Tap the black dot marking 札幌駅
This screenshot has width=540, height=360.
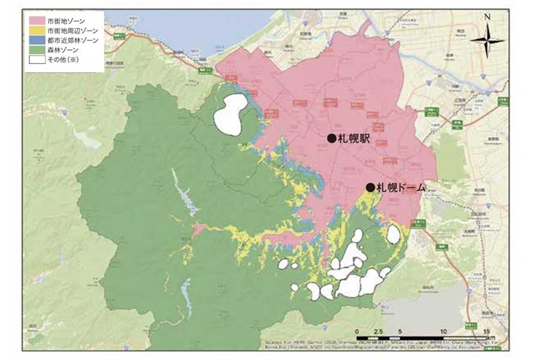point(331,138)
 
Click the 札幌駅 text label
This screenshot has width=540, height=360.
point(353,139)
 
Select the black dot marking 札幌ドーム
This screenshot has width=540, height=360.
point(370,187)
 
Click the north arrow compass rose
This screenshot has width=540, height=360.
point(487,41)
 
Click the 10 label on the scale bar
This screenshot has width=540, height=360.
point(443,332)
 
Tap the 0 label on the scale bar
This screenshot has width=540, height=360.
point(357,332)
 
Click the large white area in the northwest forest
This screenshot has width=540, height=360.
point(231,114)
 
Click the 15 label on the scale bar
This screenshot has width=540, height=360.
point(487,332)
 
